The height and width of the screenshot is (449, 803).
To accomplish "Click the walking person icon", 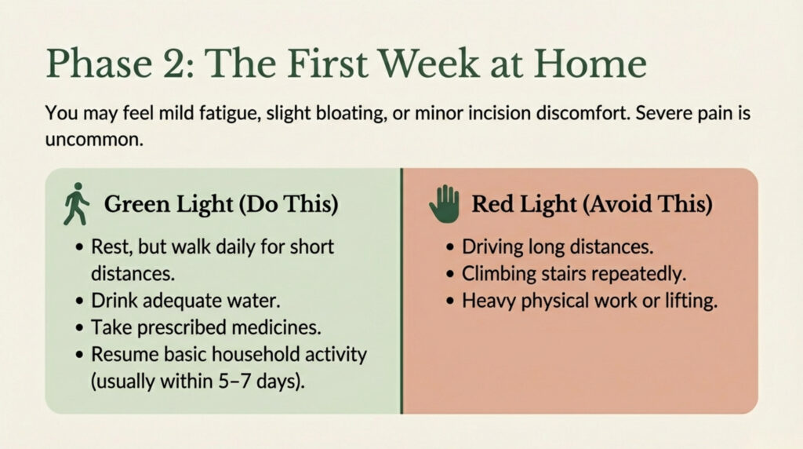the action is pyautogui.click(x=76, y=204).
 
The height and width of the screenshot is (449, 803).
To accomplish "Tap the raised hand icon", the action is pyautogui.click(x=444, y=203).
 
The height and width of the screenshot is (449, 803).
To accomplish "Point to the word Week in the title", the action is pyautogui.click(x=429, y=64).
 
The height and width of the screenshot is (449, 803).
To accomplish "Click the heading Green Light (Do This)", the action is pyautogui.click(x=221, y=204).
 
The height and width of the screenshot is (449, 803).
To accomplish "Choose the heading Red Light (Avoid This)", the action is pyautogui.click(x=592, y=204).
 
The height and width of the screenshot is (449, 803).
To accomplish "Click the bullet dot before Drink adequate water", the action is pyautogui.click(x=79, y=301).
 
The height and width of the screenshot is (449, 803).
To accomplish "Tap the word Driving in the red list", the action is pyautogui.click(x=491, y=247).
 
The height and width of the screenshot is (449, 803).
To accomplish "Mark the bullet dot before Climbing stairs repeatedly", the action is pyautogui.click(x=449, y=274).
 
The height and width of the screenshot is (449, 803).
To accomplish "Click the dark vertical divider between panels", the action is pyautogui.click(x=401, y=290).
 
